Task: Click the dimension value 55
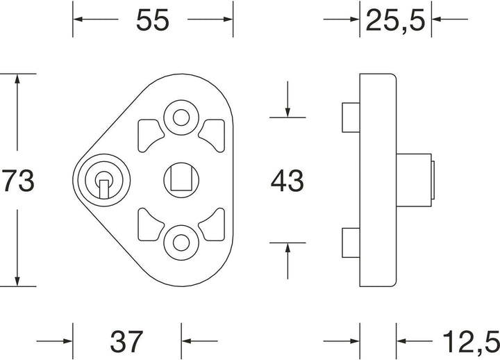coord(152,20)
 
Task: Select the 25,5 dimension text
coord(395,20)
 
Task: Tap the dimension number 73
coord(18,180)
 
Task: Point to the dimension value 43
coord(287,181)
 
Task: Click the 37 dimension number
coord(126,341)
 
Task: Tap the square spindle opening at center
coord(181,179)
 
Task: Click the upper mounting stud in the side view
coord(351,117)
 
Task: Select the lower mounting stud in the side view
coord(351,243)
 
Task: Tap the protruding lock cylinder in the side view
coord(415,180)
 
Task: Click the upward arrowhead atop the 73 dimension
coord(17,79)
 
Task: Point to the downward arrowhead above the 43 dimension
coord(287,113)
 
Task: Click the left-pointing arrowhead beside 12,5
coord(401,341)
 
